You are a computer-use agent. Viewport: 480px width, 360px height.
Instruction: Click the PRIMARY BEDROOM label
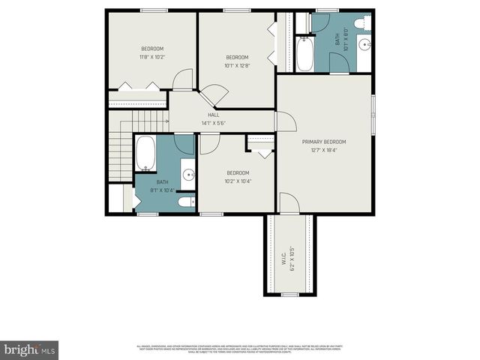pyautogui.click(x=325, y=141)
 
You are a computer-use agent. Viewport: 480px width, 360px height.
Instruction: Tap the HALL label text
pyautogui.click(x=213, y=115)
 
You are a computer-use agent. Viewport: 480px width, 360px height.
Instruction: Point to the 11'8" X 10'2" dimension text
pyautogui.click(x=151, y=57)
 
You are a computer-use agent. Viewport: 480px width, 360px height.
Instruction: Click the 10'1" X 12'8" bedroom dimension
pyautogui.click(x=237, y=65)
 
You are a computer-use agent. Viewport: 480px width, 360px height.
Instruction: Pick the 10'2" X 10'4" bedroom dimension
pyautogui.click(x=238, y=181)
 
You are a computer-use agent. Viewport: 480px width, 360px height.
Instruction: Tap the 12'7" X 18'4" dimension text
pyautogui.click(x=325, y=149)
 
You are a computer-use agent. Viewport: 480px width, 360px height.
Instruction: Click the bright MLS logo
pyautogui.click(x=30, y=349)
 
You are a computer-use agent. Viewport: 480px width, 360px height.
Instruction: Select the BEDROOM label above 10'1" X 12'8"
pyautogui.click(x=237, y=57)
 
